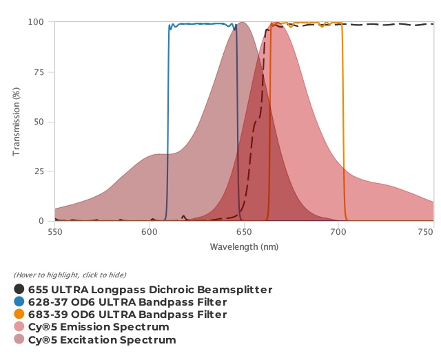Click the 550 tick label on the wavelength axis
[x=54, y=232]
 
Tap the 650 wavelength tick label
[x=244, y=232]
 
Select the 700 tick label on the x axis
[x=338, y=232]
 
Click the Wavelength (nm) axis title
[x=244, y=246]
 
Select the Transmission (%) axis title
[x=17, y=121]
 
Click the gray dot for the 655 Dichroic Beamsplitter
[x=19, y=290]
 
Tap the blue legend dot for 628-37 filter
[x=19, y=302]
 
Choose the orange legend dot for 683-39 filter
[x=19, y=315]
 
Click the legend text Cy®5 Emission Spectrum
[x=99, y=327]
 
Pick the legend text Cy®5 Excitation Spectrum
[x=102, y=339]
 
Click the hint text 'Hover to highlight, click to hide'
[x=70, y=275]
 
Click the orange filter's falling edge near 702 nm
[x=343, y=124]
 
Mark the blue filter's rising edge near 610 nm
[x=168, y=124]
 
